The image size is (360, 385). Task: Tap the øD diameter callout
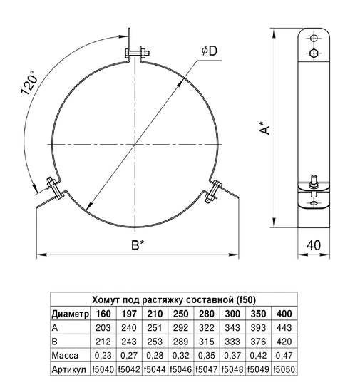[210, 51]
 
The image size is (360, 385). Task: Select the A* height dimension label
[265, 129]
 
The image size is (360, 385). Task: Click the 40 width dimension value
[312, 245]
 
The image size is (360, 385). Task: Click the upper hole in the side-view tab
[313, 38]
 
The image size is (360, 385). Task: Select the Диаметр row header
[70, 314]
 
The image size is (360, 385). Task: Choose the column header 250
[180, 314]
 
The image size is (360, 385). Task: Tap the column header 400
[284, 314]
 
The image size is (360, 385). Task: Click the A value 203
[103, 327]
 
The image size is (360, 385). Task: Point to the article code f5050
[284, 369]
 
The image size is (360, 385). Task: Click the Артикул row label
[69, 369]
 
